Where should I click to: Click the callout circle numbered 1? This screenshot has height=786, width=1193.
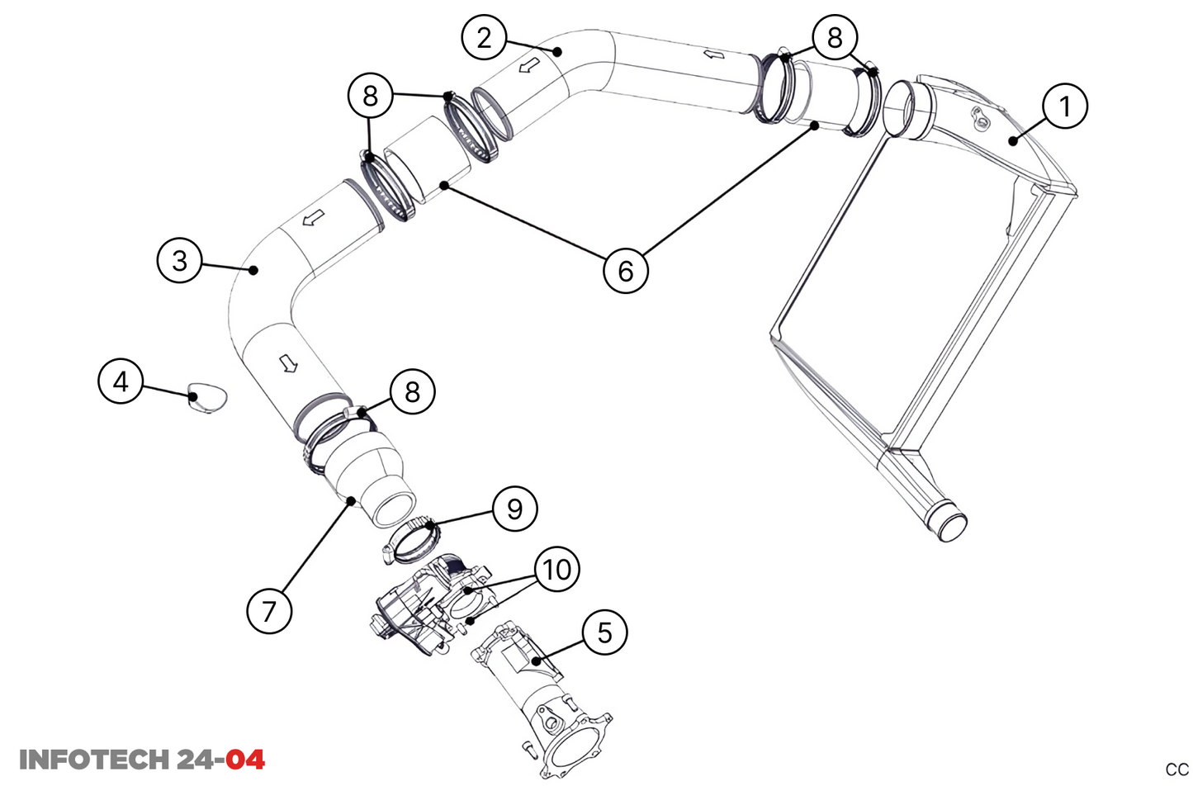(1064, 107)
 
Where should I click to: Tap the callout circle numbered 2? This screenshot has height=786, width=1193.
(484, 38)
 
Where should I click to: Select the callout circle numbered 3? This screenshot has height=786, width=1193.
(179, 261)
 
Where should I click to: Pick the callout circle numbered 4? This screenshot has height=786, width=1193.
(121, 381)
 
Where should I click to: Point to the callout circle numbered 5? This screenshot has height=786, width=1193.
(604, 632)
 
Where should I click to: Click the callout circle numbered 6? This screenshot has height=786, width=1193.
(625, 270)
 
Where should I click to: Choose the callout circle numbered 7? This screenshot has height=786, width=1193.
(269, 611)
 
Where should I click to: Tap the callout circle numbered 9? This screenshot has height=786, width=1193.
(514, 509)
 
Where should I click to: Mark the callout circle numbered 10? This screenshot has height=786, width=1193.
(557, 569)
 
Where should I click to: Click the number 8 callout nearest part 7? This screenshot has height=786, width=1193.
(412, 391)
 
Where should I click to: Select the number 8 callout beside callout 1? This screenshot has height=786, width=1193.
(835, 37)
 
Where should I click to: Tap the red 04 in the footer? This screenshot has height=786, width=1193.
(245, 760)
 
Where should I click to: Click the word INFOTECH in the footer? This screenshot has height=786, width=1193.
(94, 760)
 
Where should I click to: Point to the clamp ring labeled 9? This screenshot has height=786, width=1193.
(413, 539)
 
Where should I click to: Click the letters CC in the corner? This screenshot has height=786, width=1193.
(1176, 769)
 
